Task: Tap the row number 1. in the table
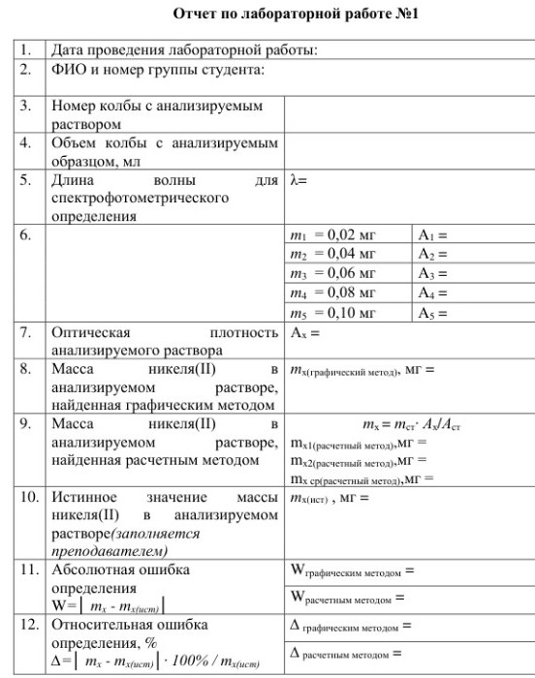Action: point(25,51)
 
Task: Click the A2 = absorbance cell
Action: point(435,255)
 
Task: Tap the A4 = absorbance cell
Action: point(435,293)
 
